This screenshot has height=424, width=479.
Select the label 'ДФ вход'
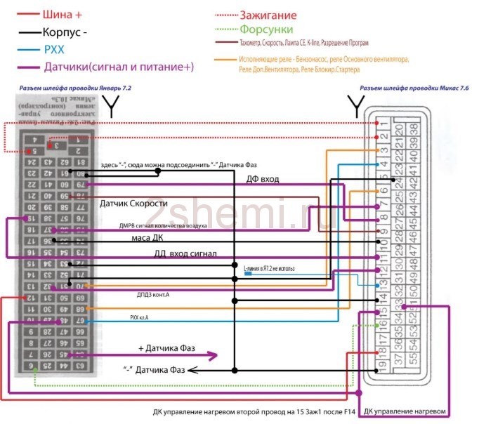tap(262, 179)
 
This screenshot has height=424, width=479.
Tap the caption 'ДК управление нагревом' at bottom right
tap(402, 410)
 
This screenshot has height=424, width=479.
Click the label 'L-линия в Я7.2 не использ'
tap(269, 269)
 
